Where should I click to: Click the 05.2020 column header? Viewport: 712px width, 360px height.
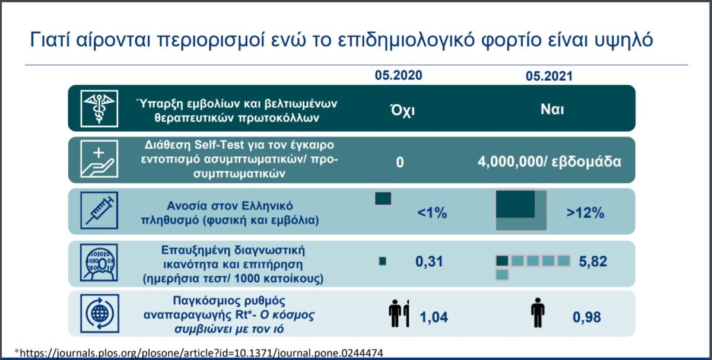click(398, 75)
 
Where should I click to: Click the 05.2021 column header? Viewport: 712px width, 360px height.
click(549, 77)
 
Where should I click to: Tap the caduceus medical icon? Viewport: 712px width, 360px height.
click(99, 109)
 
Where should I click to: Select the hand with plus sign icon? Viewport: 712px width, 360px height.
click(99, 159)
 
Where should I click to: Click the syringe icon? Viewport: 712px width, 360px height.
click(99, 211)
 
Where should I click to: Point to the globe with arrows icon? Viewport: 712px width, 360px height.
click(100, 314)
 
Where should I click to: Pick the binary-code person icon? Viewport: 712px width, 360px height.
click(99, 263)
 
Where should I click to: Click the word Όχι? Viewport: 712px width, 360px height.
click(402, 110)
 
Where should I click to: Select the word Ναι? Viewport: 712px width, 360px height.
click(552, 110)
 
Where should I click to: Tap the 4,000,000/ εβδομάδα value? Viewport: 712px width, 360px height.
click(549, 162)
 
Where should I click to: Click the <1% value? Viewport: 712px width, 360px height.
click(432, 213)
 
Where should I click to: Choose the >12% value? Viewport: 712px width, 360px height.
click(585, 213)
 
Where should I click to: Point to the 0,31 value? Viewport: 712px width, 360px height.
click(429, 262)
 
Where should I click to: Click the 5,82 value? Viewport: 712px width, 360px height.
click(593, 262)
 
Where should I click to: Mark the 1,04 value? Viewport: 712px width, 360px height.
click(434, 317)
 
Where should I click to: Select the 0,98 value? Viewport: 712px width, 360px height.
click(586, 317)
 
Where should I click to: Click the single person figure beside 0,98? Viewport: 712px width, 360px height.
click(538, 313)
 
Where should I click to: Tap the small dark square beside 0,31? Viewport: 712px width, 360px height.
click(383, 261)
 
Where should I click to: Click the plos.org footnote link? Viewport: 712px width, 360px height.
click(199, 353)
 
